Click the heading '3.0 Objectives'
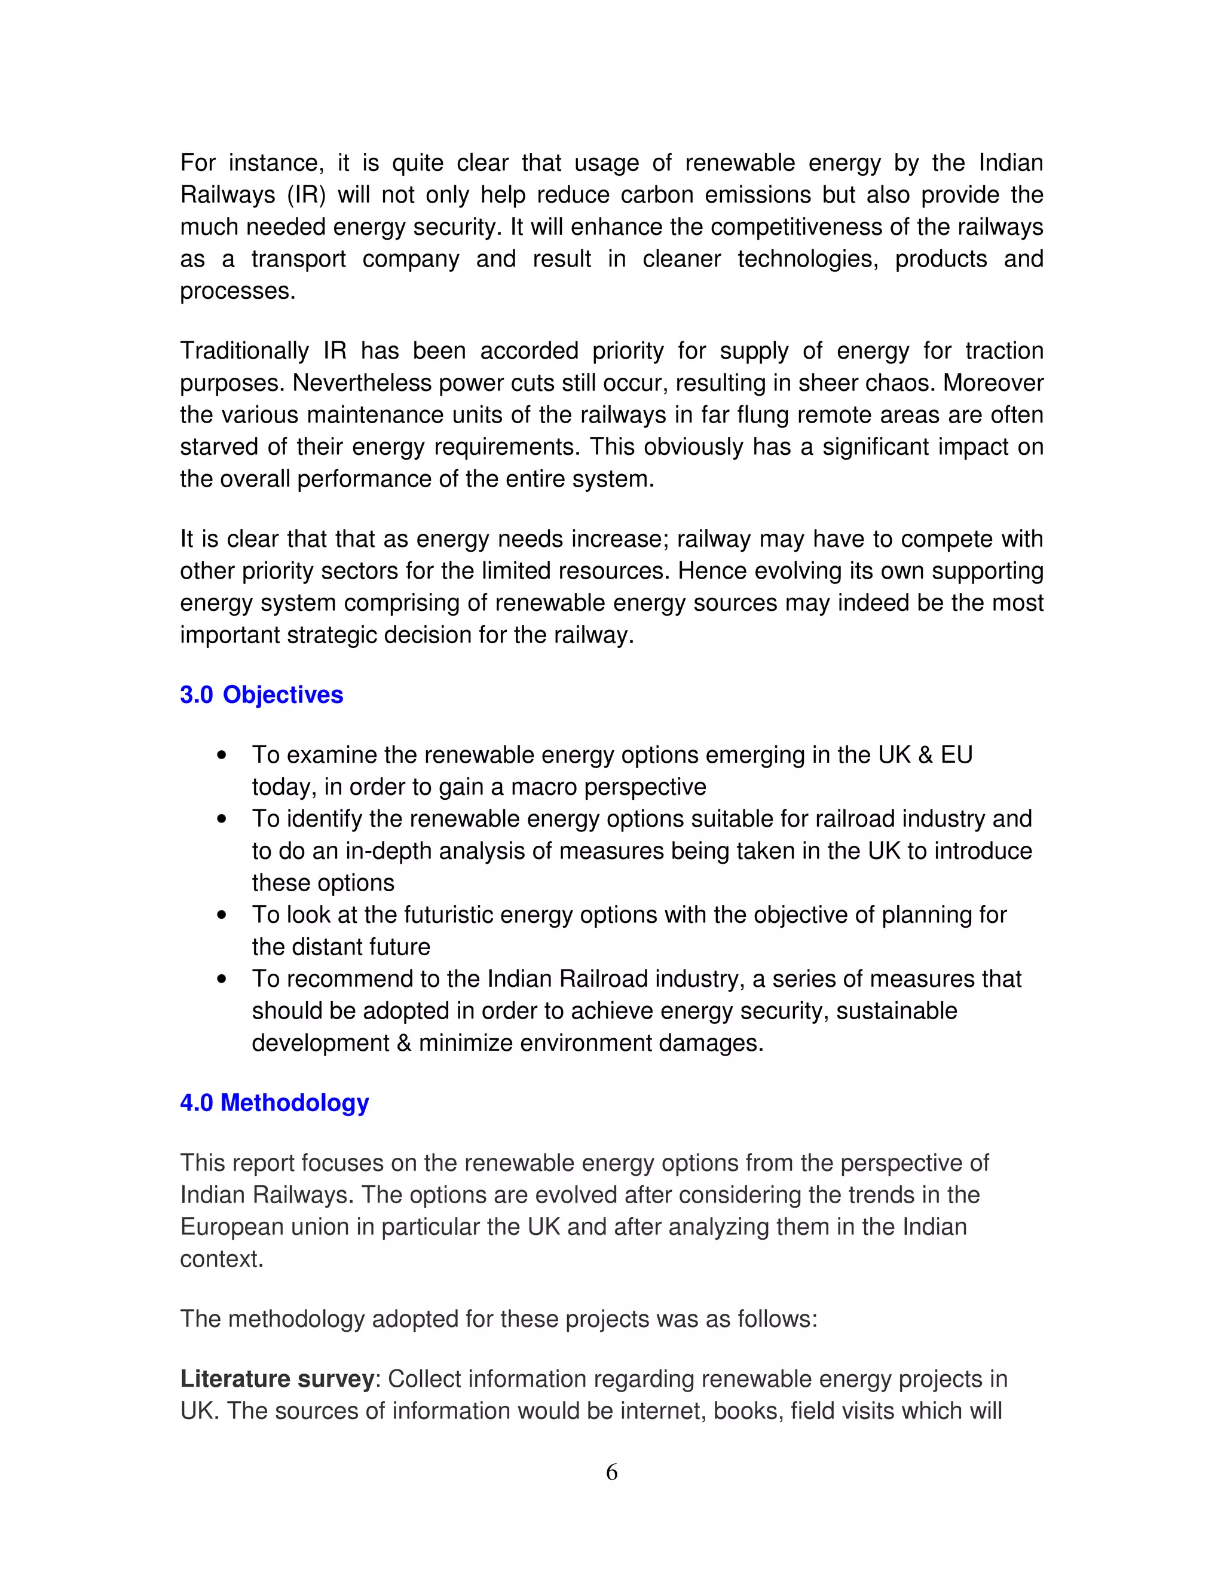(x=261, y=695)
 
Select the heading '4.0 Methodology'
(x=274, y=1103)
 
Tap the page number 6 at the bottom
(x=611, y=1473)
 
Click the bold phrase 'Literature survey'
(x=277, y=1379)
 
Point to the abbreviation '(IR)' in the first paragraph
(x=306, y=195)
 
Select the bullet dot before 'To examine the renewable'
(x=222, y=756)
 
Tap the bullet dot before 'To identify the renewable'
(x=222, y=819)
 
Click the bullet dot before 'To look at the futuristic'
(x=222, y=915)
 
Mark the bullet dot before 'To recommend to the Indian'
(x=222, y=979)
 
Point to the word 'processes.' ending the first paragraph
(x=238, y=292)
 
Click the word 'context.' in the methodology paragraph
(x=221, y=1259)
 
